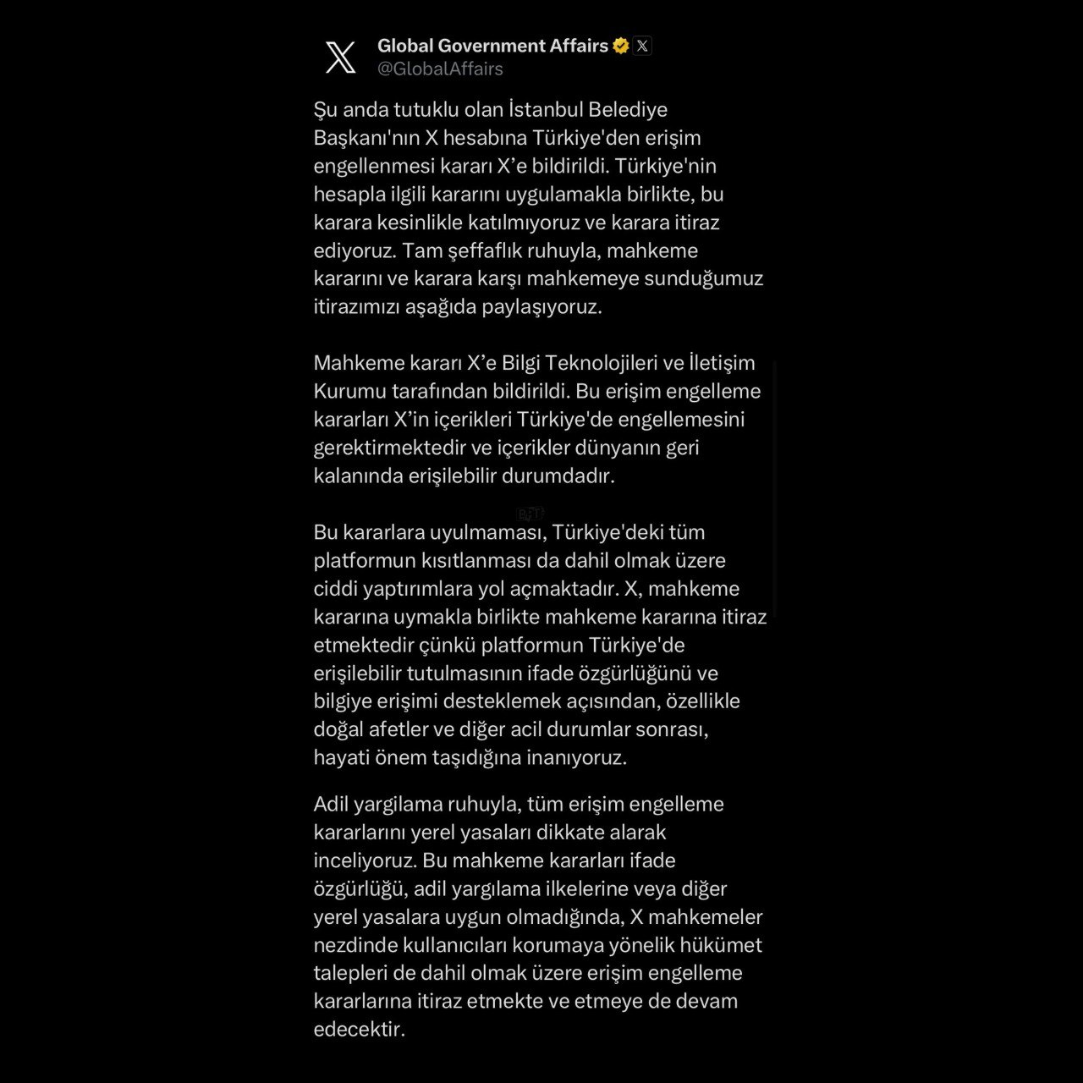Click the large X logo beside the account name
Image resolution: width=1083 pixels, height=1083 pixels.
340,57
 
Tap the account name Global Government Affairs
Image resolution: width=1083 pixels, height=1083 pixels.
492,46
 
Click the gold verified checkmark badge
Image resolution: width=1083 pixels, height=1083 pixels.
621,46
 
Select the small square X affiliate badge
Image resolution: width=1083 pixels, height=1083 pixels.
642,46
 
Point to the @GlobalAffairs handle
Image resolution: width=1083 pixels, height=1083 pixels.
440,69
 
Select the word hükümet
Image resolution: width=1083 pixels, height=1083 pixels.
722,944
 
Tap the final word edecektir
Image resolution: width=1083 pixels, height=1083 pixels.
359,1030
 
